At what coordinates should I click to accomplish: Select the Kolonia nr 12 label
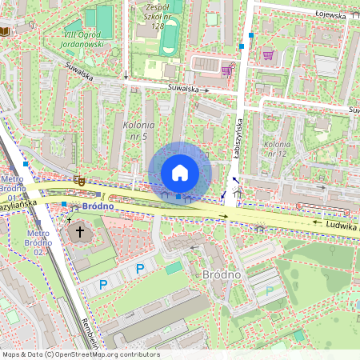[276, 148]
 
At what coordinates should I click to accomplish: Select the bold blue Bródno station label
[95, 206]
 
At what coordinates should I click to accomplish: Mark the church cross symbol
[79, 232]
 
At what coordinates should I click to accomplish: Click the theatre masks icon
[78, 182]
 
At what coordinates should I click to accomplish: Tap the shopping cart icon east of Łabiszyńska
[267, 55]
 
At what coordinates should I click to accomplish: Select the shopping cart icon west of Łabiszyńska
[226, 70]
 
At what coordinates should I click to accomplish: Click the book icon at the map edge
[5, 30]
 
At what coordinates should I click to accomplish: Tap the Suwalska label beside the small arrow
[183, 90]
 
